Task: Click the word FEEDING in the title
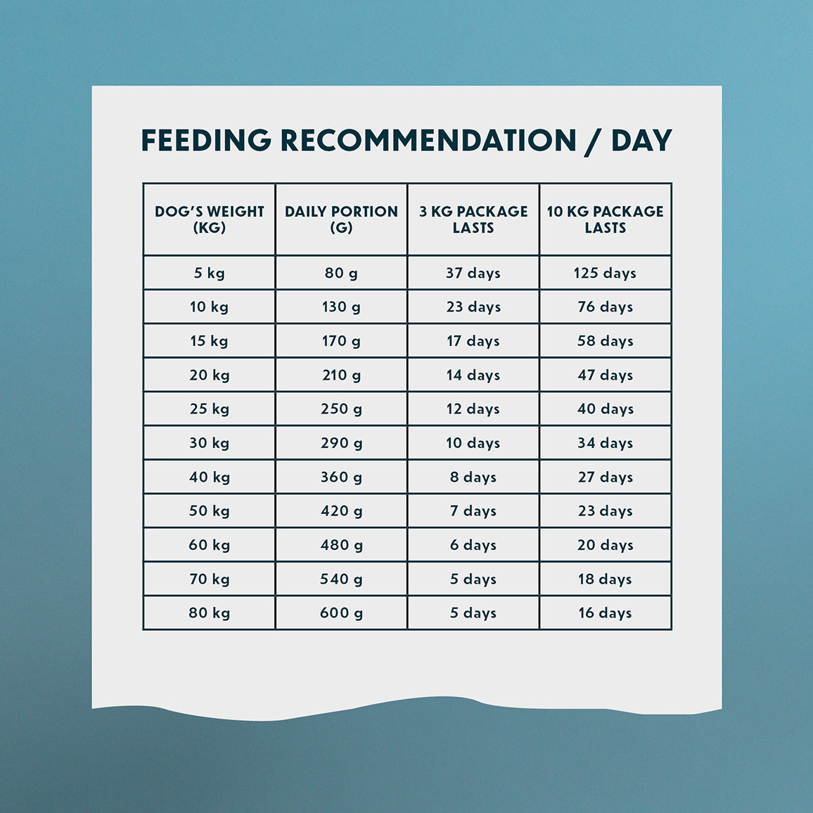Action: click(206, 140)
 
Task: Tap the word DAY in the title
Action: click(641, 140)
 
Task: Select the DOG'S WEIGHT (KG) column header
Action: click(210, 219)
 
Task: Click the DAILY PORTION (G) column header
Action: click(341, 219)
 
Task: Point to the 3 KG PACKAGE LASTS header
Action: click(473, 219)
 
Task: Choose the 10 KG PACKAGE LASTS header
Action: click(605, 219)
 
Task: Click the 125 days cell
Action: click(605, 273)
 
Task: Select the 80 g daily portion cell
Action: click(341, 273)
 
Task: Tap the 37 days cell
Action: click(473, 273)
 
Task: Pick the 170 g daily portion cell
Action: click(341, 341)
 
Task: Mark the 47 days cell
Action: click(605, 375)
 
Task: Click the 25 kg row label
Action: click(210, 409)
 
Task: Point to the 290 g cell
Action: click(341, 443)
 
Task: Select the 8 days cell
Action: click(473, 477)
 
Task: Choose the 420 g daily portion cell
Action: click(341, 511)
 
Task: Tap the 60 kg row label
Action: click(210, 545)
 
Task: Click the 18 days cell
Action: click(605, 579)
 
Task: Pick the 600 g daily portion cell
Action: click(341, 613)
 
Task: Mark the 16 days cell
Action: click(605, 613)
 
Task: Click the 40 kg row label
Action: click(210, 477)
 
